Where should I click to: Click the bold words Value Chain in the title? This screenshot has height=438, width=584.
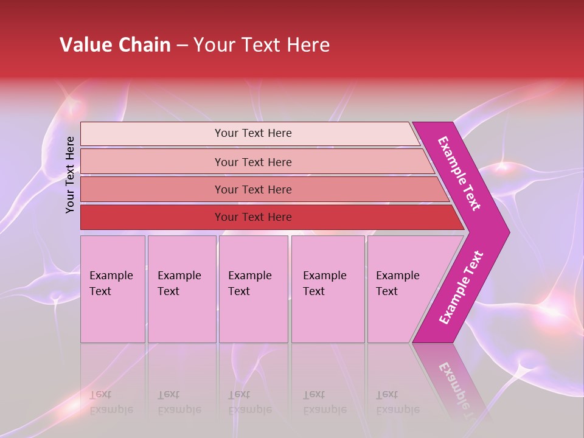(x=115, y=45)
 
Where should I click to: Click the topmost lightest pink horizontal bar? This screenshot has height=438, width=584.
(x=152, y=134)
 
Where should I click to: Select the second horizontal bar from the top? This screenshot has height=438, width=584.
(x=152, y=162)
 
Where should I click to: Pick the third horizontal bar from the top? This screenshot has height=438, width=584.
(x=152, y=190)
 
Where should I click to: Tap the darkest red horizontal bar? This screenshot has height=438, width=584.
(x=152, y=217)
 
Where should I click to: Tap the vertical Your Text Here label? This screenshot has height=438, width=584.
(x=71, y=175)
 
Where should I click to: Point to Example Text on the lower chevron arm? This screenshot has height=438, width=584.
(x=461, y=288)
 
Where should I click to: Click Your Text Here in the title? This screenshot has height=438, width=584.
(x=262, y=45)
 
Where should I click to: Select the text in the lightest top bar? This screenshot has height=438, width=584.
(x=253, y=133)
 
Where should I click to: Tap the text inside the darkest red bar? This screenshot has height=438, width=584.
(x=253, y=217)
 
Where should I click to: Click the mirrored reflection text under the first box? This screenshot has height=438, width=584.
(x=111, y=402)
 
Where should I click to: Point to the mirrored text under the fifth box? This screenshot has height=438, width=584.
(x=397, y=402)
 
